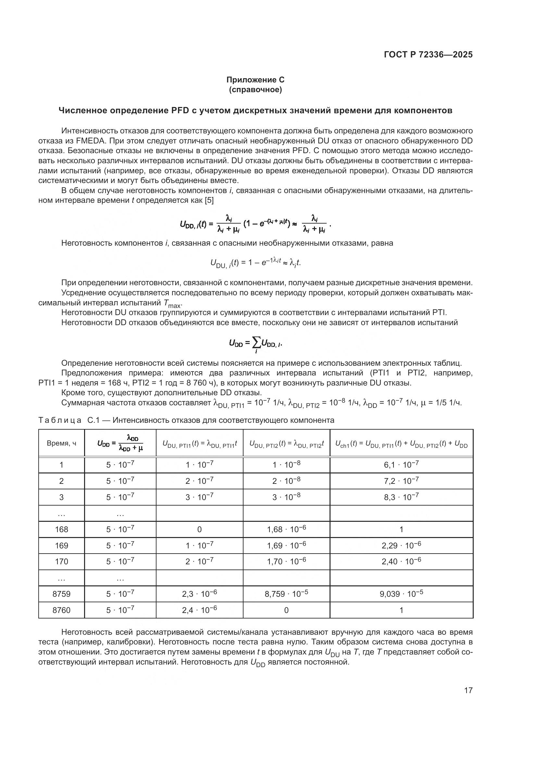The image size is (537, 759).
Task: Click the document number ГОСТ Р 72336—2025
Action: pos(428,55)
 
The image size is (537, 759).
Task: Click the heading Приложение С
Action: pos(255,80)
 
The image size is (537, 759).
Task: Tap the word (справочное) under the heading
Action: pos(255,90)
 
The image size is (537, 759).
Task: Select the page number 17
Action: pos(468,690)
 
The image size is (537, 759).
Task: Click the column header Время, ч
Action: pos(61,443)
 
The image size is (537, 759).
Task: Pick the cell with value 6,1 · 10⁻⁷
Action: pos(401,465)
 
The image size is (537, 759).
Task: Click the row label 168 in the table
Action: pos(61,529)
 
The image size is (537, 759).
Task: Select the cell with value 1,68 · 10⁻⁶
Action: pos(286,529)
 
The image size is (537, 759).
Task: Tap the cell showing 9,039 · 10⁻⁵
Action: pos(401,594)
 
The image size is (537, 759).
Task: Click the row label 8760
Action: pos(61,610)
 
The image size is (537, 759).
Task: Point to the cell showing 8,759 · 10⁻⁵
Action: pos(286,594)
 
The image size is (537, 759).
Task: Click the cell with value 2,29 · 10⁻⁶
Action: pos(401,545)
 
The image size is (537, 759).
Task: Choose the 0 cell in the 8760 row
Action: pos(286,610)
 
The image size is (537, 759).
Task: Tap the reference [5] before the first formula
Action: pos(209,200)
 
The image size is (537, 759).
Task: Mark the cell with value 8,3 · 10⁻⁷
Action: pos(401,497)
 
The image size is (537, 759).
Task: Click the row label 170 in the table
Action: pos(61,562)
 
